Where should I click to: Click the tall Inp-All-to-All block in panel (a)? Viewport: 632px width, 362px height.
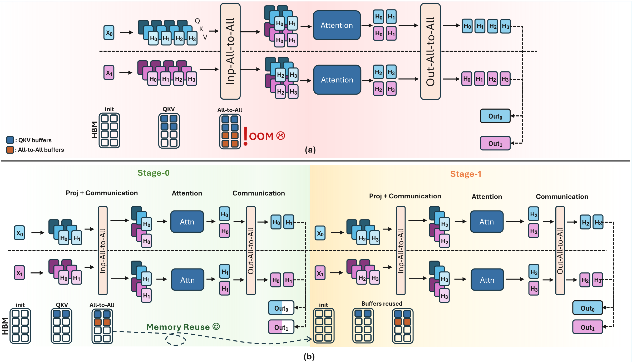pyautogui.click(x=230, y=51)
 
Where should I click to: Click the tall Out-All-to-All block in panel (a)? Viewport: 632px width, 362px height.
pyautogui.click(x=430, y=51)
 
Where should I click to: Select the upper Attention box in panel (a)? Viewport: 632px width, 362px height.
pyautogui.click(x=337, y=25)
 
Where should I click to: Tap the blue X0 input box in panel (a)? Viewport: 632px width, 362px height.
pyautogui.click(x=109, y=33)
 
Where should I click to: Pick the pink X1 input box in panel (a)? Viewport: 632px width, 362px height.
pyautogui.click(x=109, y=72)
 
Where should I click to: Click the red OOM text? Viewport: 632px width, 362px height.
pyautogui.click(x=261, y=136)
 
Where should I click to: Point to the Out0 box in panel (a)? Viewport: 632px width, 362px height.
pyautogui.click(x=495, y=116)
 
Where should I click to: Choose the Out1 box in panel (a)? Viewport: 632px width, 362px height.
pyautogui.click(x=495, y=143)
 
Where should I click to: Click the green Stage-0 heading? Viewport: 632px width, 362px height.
pyautogui.click(x=154, y=173)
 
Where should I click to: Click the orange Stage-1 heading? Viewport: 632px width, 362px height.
pyautogui.click(x=466, y=174)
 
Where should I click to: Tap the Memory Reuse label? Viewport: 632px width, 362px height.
pyautogui.click(x=178, y=327)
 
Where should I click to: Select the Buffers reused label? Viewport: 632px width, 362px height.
pyautogui.click(x=382, y=304)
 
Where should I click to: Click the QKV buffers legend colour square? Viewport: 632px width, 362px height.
pyautogui.click(x=10, y=140)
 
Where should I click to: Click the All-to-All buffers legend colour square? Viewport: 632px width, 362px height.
pyautogui.click(x=10, y=150)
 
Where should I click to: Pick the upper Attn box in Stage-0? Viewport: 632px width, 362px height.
pyautogui.click(x=187, y=222)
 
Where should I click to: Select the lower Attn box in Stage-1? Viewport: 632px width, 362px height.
pyautogui.click(x=487, y=280)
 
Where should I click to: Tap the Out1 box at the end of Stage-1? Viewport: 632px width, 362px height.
pyautogui.click(x=587, y=327)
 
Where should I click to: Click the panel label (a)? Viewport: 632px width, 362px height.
pyautogui.click(x=310, y=150)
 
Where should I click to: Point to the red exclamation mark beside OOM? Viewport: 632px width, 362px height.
pyautogui.click(x=245, y=136)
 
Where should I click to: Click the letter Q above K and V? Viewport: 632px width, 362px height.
pyautogui.click(x=197, y=21)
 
